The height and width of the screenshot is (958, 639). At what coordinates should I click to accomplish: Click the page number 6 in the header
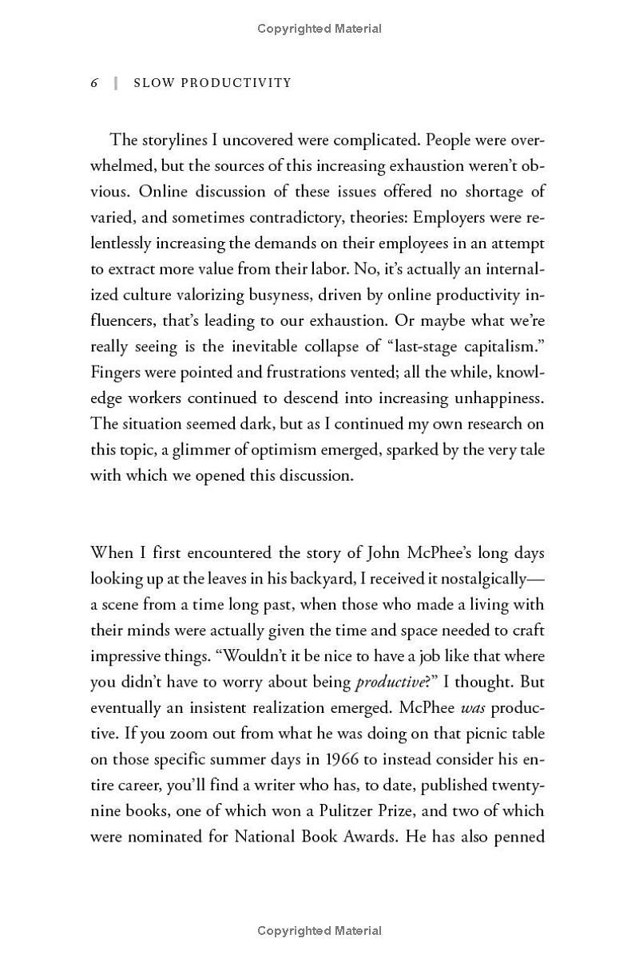click(94, 83)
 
